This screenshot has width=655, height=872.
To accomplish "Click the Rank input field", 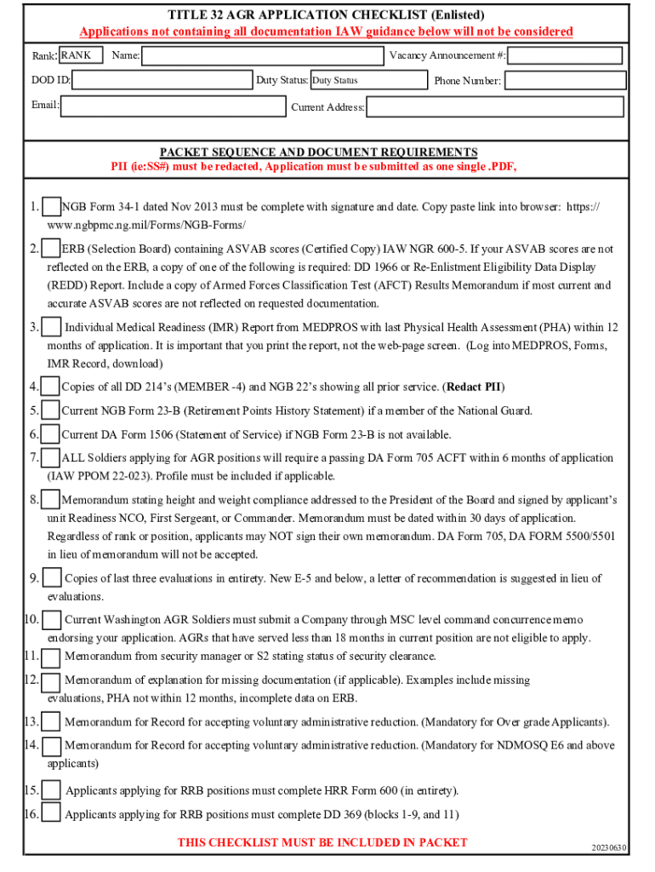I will [x=81, y=56].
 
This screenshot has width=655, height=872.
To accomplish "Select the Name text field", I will [x=262, y=56].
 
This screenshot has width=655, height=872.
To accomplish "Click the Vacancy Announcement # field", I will [x=565, y=56].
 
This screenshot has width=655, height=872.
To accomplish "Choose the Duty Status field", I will [x=367, y=81].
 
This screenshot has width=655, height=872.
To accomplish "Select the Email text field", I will [x=173, y=106].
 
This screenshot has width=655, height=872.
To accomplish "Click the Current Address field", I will [x=494, y=107].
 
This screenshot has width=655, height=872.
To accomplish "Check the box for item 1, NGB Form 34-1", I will [x=52, y=207].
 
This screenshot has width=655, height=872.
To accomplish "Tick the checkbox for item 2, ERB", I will [x=50, y=249].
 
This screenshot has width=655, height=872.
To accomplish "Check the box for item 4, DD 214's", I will [x=50, y=387].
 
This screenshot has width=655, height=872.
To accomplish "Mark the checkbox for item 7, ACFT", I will [x=50, y=458].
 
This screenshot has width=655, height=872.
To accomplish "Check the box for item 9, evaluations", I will [x=52, y=578].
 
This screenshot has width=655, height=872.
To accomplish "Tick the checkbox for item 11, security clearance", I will [x=52, y=657].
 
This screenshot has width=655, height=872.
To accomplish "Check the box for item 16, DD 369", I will [x=52, y=813].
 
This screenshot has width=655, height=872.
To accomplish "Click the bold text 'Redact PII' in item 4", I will [x=474, y=387].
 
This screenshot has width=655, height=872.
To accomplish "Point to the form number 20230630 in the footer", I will [x=609, y=848].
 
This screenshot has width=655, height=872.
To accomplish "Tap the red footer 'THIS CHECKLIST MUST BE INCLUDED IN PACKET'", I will [x=322, y=842].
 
